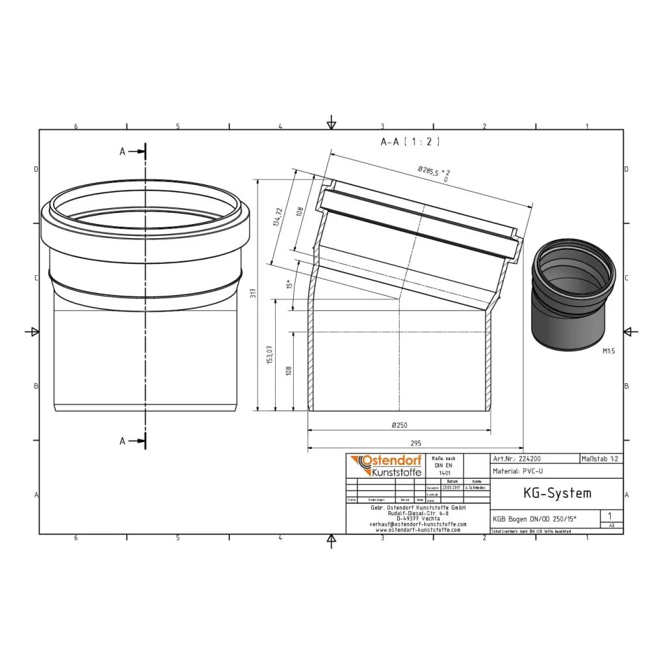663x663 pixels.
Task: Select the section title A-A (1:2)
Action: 410,141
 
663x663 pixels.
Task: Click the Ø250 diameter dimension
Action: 399,424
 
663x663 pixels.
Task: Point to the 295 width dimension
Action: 415,444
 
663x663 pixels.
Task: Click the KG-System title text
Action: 548,493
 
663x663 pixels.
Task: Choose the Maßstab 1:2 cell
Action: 601,458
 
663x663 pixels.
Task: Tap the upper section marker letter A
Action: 123,152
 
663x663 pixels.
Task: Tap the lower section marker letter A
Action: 123,440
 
